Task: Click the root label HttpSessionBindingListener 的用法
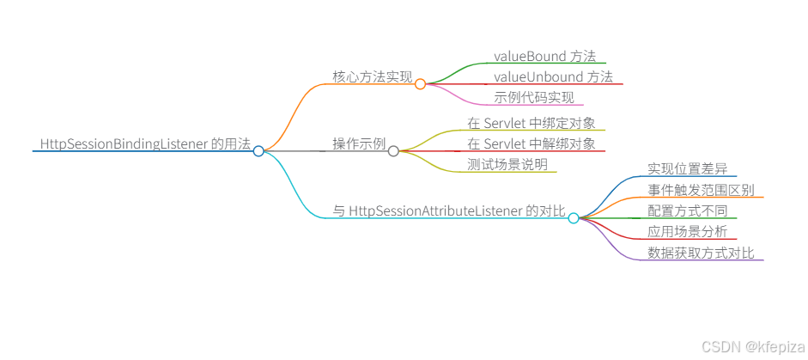point(145,143)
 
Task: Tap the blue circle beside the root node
point(258,151)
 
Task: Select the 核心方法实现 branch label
point(373,76)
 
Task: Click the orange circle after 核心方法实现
point(420,84)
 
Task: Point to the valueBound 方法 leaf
point(544,56)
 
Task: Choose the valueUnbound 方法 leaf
point(553,76)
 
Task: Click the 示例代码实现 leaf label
point(534,97)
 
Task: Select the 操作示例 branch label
point(360,143)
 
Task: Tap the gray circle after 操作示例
point(393,151)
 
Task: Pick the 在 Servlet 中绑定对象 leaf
point(531,123)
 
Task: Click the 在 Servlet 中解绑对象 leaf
point(531,143)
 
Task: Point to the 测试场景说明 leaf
point(507,164)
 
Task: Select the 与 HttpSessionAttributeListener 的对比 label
point(449,211)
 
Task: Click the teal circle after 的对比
point(574,218)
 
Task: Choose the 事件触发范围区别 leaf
point(701,190)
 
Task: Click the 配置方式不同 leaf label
point(687,211)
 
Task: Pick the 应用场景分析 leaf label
point(687,231)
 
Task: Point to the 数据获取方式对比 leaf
point(701,253)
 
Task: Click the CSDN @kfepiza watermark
point(751,345)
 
